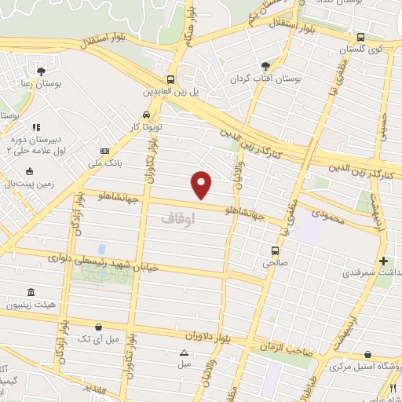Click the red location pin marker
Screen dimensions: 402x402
coord(203,184)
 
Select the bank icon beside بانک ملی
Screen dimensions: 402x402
coord(104,152)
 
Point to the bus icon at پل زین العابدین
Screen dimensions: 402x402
coord(170,79)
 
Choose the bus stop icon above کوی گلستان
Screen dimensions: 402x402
coord(360,37)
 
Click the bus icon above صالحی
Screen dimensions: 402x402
coord(274,250)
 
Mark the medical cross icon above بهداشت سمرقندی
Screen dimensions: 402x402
coord(383,261)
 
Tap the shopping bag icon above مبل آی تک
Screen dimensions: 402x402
coord(97,326)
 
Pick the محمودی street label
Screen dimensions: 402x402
coord(327,213)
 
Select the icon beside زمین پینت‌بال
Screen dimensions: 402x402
coord(31,170)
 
